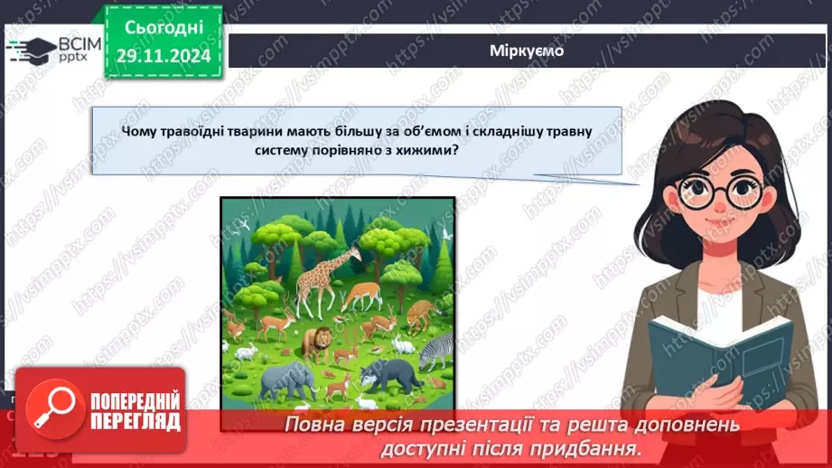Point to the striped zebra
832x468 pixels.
coord(436,348)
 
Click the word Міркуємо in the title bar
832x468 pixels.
coord(528,51)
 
